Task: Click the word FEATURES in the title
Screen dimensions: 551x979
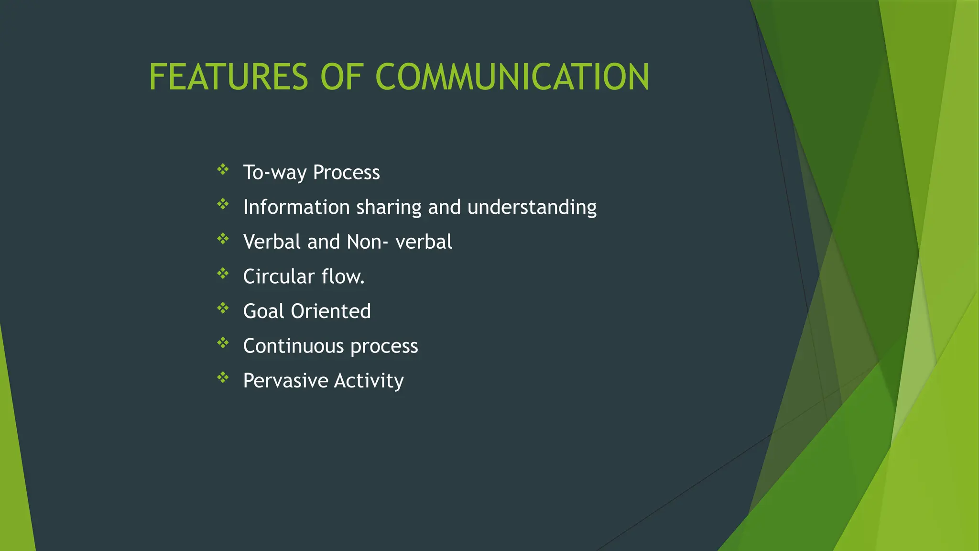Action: [x=228, y=77]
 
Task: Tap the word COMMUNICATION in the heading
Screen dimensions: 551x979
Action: [x=512, y=77]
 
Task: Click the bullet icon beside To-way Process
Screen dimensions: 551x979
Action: [x=223, y=169]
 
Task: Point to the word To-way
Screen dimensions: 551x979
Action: [x=275, y=173]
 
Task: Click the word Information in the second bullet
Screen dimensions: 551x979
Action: [x=296, y=207]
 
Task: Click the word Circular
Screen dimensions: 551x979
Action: [x=279, y=277]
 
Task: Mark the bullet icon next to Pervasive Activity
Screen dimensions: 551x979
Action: [x=223, y=378]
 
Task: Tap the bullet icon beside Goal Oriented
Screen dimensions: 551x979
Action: [x=223, y=308]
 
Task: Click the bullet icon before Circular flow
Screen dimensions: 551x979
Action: [x=223, y=274]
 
